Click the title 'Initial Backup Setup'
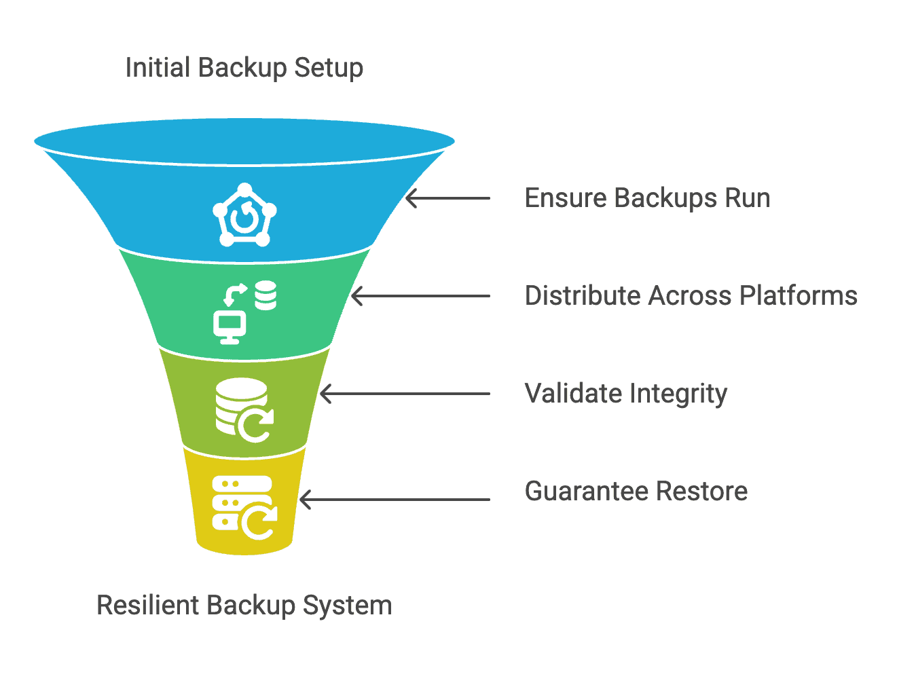[x=244, y=68]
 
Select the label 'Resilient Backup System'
[x=244, y=605]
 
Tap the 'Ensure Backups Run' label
[x=647, y=198]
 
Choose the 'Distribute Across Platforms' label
[x=691, y=296]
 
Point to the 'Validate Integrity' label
[x=625, y=394]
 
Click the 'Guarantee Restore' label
[x=636, y=491]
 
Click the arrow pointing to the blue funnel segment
[x=447, y=198]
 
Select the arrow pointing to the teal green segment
[x=420, y=296]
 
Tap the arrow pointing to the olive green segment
[x=405, y=394]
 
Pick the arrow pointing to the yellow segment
[x=395, y=500]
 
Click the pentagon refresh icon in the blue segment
[x=244, y=215]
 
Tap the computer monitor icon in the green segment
[x=230, y=327]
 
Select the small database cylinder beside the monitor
[x=266, y=295]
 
